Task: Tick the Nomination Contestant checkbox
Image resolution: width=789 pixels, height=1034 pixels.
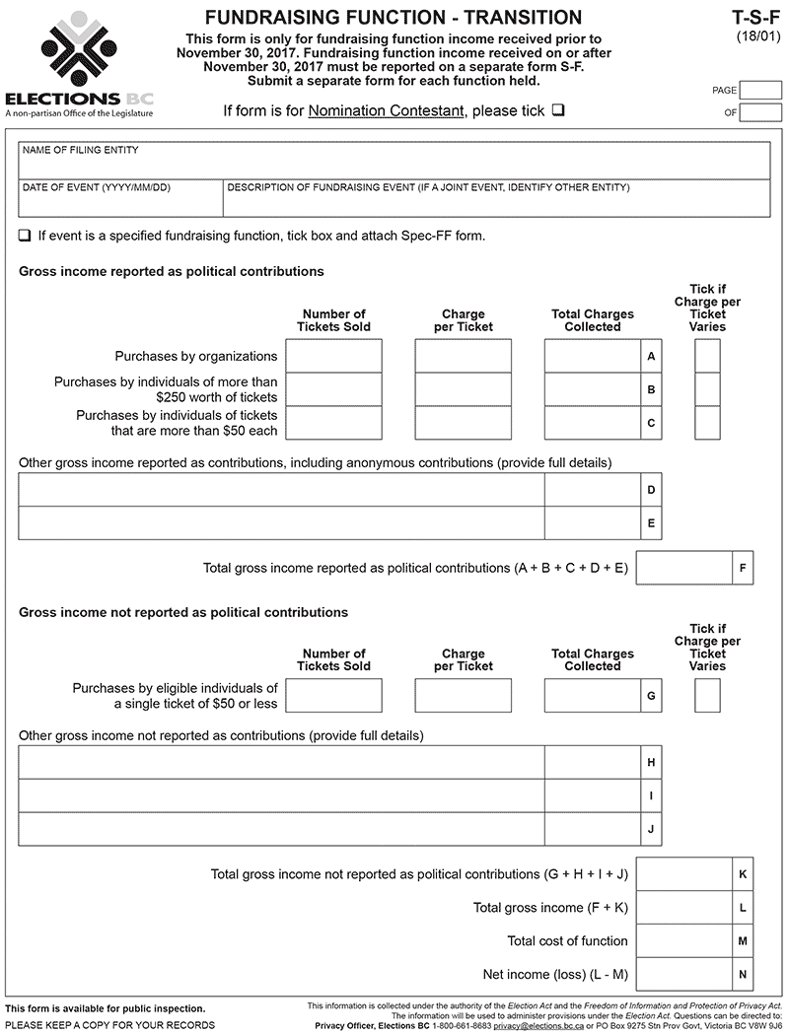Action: [558, 110]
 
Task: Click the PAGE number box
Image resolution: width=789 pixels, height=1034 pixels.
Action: [760, 90]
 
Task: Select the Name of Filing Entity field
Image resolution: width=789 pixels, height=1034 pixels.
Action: [394, 161]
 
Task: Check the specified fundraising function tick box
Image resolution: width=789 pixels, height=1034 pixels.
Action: [25, 237]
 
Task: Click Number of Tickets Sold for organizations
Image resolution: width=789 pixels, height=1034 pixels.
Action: [333, 356]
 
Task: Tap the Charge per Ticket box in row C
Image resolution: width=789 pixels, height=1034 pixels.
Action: [464, 423]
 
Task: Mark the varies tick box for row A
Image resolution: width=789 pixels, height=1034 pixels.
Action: [707, 356]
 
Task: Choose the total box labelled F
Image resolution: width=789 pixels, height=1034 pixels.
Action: [684, 568]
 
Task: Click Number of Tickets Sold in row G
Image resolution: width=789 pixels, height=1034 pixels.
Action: [333, 695]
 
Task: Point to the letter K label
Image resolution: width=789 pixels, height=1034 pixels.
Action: [743, 874]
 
